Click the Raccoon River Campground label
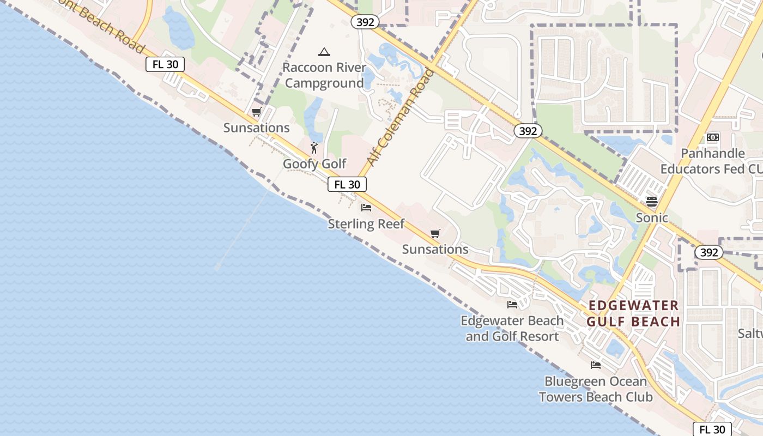324,76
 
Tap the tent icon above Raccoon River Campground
324,52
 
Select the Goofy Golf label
314,163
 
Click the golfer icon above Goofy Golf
314,147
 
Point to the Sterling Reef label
366,223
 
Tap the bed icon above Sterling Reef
366,208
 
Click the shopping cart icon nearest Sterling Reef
435,234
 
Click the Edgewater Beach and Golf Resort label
512,328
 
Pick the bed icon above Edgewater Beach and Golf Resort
512,305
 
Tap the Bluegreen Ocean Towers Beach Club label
596,389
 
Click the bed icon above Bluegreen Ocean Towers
596,365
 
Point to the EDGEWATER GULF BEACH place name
634,313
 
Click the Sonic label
652,217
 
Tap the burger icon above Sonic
652,201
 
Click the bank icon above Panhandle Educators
713,137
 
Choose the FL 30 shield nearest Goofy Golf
347,184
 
